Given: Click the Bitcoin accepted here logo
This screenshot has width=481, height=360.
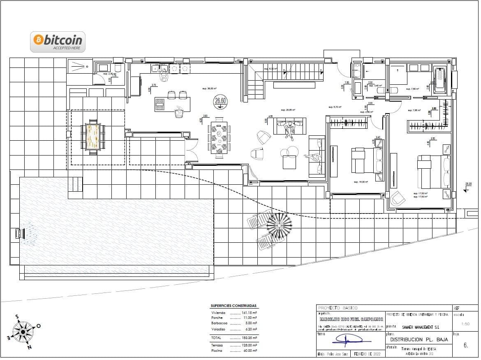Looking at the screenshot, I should tap(58, 42).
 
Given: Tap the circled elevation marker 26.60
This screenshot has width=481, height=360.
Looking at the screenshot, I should tap(221, 101).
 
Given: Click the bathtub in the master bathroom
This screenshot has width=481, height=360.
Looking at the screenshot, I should tap(440, 81).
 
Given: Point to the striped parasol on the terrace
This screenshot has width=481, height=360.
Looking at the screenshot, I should tap(279, 225).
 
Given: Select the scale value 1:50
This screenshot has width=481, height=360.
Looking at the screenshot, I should tap(465, 324).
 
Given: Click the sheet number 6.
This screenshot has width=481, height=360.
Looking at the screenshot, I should tap(465, 346).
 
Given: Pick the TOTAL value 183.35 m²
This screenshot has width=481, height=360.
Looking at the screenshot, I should tap(249, 337).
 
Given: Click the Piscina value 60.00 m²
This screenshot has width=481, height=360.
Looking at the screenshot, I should tap(249, 351).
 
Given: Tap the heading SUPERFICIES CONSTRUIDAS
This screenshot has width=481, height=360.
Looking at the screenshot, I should tap(233, 306).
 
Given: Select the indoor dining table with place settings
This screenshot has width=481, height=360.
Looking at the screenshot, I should tap(219, 138).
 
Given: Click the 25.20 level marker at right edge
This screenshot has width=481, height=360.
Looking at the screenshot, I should tap(468, 184).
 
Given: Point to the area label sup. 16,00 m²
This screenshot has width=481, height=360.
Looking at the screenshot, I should tap(361, 181).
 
